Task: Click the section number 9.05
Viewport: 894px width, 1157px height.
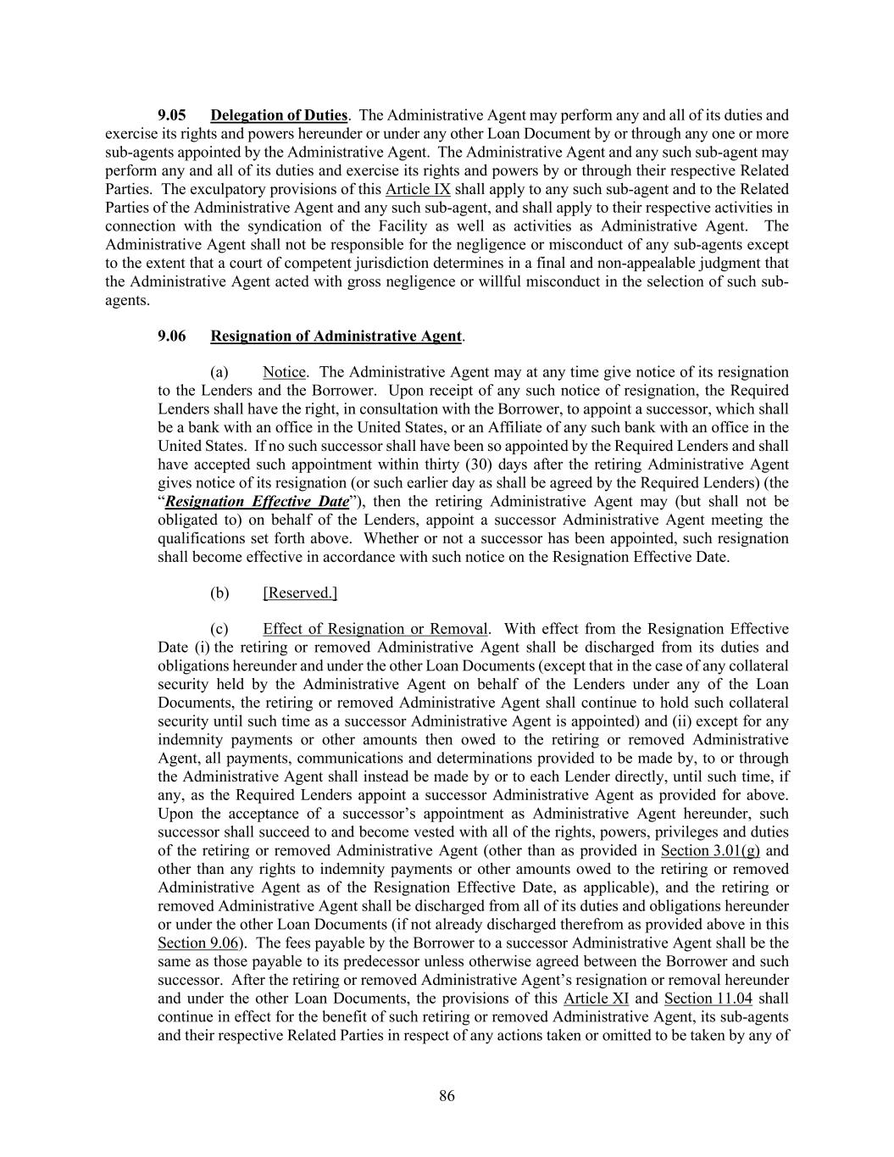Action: tap(172, 115)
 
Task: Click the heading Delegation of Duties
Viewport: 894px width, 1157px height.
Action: tap(279, 115)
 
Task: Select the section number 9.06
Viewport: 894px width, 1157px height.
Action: tap(172, 337)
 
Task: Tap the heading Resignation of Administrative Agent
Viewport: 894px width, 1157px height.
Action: tap(336, 337)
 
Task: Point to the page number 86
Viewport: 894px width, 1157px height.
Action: tap(447, 1096)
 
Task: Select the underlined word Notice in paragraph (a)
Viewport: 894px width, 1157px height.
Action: tap(284, 372)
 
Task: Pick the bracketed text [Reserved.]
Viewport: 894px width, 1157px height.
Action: tap(300, 593)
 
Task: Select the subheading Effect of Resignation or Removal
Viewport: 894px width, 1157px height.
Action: tap(375, 629)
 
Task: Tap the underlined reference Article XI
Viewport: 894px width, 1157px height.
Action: tap(596, 998)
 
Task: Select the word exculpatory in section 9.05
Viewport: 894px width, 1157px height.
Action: tap(228, 189)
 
